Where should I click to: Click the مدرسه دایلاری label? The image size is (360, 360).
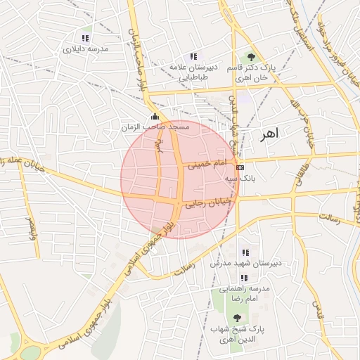[x=85, y=51]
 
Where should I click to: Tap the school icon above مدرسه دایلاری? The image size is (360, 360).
[x=85, y=38]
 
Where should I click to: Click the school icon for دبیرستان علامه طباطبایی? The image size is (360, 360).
[x=193, y=56]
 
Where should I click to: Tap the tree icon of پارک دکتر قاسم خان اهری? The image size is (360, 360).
[x=251, y=57]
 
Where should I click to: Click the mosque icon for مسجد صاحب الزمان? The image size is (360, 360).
[x=155, y=117]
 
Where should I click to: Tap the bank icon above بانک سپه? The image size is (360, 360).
[x=240, y=167]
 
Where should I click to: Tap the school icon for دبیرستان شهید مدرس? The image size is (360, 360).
[x=245, y=252]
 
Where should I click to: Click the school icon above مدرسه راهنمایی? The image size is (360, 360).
[x=245, y=278]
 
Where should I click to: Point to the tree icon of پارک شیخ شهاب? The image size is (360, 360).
[x=236, y=318]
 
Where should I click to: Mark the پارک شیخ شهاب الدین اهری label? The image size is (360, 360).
[x=236, y=334]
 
